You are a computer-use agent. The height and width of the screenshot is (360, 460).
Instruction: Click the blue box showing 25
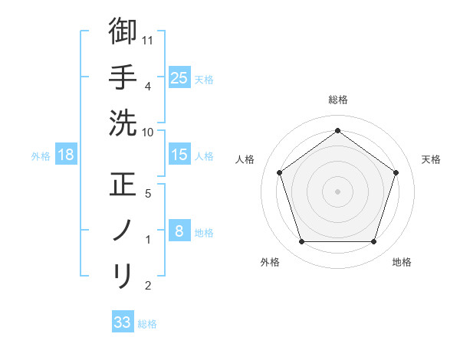click(x=179, y=77)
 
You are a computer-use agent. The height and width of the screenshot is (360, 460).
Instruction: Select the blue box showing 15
click(x=179, y=155)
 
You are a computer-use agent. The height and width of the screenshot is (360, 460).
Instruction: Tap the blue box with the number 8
click(x=179, y=231)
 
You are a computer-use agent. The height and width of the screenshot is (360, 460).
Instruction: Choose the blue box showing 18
click(x=66, y=155)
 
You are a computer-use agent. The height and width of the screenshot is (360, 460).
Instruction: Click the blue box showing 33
click(x=123, y=322)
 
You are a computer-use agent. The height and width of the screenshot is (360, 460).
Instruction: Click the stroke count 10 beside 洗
click(x=149, y=132)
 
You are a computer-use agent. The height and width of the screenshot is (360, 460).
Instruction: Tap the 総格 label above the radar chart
click(x=338, y=100)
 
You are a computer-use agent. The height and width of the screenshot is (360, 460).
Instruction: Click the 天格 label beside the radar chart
click(x=431, y=159)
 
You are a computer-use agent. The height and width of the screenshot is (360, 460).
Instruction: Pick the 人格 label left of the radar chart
click(x=245, y=159)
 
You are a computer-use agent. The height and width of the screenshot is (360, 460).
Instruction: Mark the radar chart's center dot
click(x=338, y=190)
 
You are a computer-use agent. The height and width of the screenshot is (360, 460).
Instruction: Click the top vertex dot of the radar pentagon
click(x=338, y=130)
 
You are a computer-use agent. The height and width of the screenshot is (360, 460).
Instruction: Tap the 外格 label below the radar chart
click(x=270, y=262)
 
